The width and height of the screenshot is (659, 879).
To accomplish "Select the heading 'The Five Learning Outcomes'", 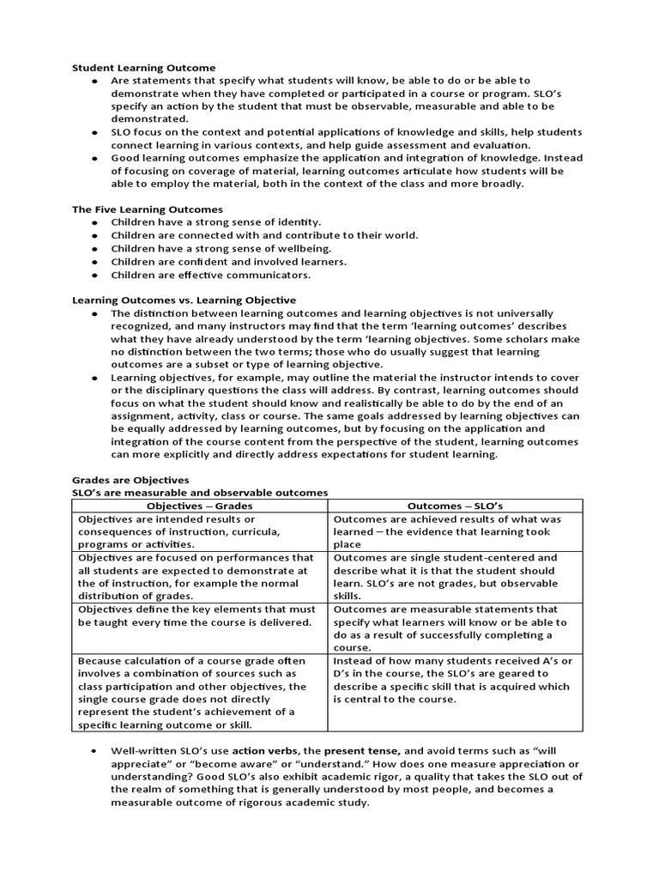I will point(147,209).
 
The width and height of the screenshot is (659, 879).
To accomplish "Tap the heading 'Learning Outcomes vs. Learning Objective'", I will point(184,300).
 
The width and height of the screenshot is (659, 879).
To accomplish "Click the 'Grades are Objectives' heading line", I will point(130,480).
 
